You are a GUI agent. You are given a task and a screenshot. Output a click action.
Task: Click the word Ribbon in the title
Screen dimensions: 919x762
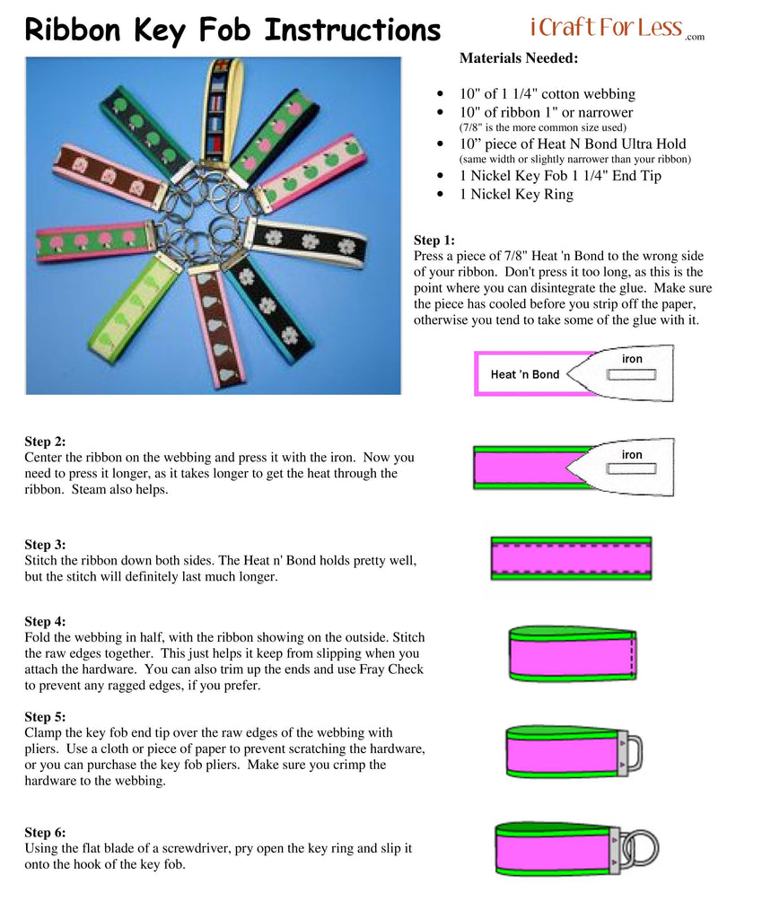click(x=73, y=30)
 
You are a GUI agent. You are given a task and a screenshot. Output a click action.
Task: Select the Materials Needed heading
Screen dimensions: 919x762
click(x=519, y=58)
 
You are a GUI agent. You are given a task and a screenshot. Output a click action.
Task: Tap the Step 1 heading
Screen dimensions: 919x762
click(x=434, y=241)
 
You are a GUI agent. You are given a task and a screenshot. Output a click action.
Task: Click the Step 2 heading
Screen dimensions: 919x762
click(x=45, y=442)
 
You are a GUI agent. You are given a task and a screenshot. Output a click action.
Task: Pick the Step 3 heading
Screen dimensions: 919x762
click(x=45, y=545)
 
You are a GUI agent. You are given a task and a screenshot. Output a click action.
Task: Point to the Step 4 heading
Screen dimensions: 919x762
click(x=45, y=621)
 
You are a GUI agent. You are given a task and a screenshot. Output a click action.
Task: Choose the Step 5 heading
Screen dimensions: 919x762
click(x=45, y=717)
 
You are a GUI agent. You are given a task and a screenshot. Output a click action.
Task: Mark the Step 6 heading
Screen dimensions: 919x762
click(x=45, y=832)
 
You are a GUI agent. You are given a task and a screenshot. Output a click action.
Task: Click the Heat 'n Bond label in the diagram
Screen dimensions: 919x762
click(x=524, y=374)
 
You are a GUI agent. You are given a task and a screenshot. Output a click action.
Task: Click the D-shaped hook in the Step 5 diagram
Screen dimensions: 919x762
click(x=632, y=752)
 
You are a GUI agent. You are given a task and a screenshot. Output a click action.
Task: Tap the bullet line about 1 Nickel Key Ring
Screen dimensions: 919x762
click(x=516, y=195)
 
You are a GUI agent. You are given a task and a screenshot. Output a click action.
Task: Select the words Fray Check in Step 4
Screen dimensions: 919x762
click(x=390, y=670)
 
